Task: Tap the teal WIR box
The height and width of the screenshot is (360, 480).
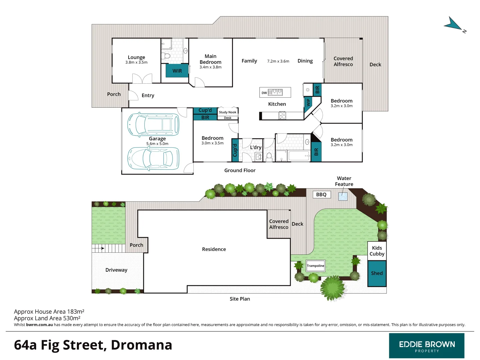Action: point(177,71)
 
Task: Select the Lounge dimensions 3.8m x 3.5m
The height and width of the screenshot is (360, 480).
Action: point(136,62)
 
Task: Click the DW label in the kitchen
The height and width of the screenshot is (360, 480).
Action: point(264,93)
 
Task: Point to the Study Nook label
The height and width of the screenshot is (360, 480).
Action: point(228,112)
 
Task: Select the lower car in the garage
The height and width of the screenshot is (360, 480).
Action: point(153,158)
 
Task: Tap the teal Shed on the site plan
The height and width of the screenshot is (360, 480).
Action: point(377,273)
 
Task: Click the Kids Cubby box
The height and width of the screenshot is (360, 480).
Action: point(377,251)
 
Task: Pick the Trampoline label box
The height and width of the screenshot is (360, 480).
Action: point(315,266)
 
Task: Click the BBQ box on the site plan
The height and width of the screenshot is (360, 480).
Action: point(321,195)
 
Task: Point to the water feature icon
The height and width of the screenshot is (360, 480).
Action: point(343,196)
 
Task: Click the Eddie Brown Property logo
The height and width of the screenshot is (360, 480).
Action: point(427,346)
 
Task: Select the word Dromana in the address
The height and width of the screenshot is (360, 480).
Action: point(141,345)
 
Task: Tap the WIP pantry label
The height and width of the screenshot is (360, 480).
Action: point(308,102)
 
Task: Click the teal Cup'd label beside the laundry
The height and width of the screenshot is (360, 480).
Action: point(235,150)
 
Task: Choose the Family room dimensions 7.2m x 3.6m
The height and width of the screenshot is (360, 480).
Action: point(278,61)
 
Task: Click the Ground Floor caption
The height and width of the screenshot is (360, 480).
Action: point(240,170)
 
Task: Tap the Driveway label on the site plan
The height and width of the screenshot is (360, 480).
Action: point(116,270)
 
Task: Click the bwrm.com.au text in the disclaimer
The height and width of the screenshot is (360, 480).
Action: point(39,325)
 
